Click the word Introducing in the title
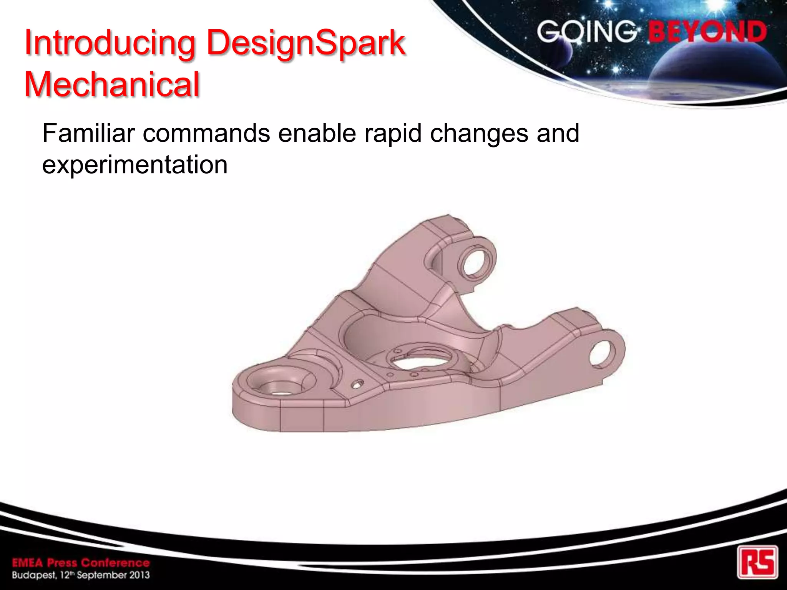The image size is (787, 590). [x=110, y=43]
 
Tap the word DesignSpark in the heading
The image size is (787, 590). [x=306, y=43]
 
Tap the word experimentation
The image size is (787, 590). [x=135, y=165]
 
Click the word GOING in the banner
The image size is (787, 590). [x=586, y=31]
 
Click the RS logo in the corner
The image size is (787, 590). [x=757, y=562]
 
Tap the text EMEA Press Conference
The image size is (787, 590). [x=81, y=563]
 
